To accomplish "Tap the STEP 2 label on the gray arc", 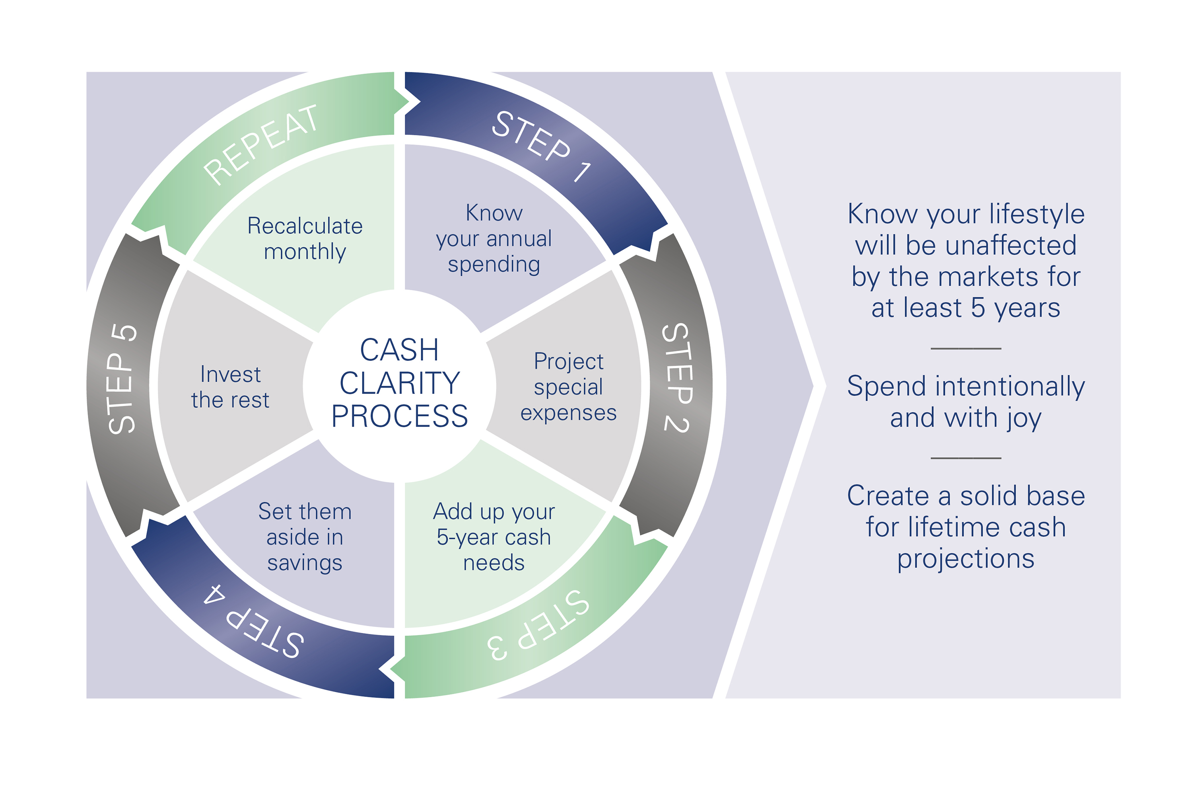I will [x=677, y=378].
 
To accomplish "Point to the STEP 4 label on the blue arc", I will [x=254, y=621].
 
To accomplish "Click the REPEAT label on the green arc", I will [x=261, y=145].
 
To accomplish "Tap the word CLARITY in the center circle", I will [x=400, y=383].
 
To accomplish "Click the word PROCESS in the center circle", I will [x=400, y=417].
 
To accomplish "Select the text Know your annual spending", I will [x=494, y=238].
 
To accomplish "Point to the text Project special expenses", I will [x=569, y=387].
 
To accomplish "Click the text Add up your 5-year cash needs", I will [x=494, y=537].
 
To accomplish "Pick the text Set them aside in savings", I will [x=305, y=537].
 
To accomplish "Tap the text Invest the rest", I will [x=230, y=387].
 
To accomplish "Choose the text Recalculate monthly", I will [x=305, y=238].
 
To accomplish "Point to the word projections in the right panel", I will [x=966, y=559].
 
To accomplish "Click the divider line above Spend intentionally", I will [x=966, y=349].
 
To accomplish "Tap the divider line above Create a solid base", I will [x=966, y=458].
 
